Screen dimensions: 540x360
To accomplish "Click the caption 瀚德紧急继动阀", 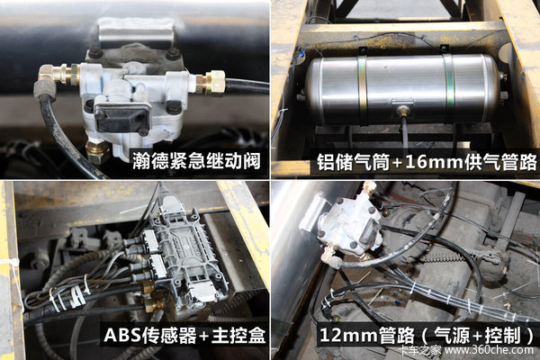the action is tap(196, 161).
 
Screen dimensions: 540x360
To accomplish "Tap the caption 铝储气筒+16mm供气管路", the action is tap(427, 162).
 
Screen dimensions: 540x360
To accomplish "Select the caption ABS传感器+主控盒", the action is tap(184, 335).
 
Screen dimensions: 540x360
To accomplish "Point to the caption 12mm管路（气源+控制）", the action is tap(427, 335).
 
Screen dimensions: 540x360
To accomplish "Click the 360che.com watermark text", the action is tap(489, 350).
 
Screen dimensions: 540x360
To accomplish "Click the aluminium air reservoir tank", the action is tap(402, 90).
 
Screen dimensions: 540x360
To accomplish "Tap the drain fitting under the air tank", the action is tap(402, 111).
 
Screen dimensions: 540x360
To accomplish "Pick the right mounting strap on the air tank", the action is tap(448, 83).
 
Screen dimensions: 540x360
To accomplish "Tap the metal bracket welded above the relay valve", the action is tap(135, 31).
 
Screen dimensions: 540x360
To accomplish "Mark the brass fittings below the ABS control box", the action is tap(152, 295).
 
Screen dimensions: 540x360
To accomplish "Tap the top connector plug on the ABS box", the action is tap(169, 204).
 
